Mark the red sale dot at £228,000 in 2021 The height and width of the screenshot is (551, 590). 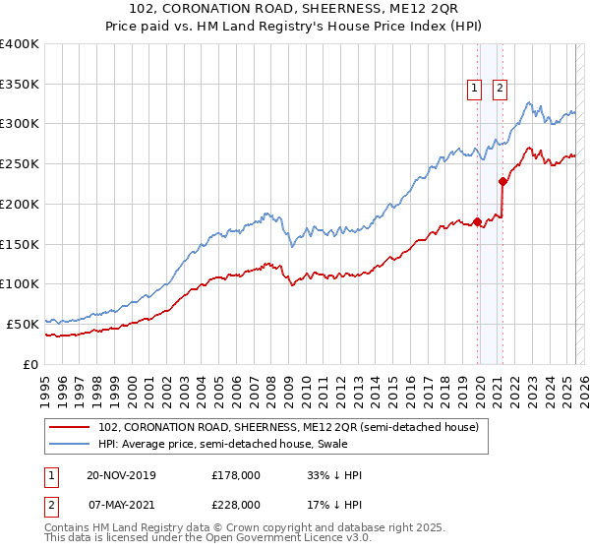click(x=502, y=181)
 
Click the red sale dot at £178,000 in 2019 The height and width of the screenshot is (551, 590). click(x=477, y=221)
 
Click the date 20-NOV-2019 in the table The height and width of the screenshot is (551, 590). click(x=121, y=475)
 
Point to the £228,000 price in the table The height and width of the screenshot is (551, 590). click(x=235, y=504)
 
